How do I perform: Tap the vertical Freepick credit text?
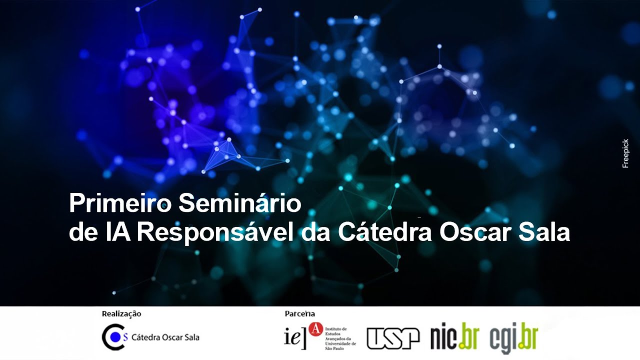tap(625, 153)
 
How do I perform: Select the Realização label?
tap(121, 314)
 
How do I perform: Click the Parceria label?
tap(300, 314)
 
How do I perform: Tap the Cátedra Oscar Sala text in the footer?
tap(165, 337)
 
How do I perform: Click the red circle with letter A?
tap(316, 328)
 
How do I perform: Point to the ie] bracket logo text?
tap(295, 336)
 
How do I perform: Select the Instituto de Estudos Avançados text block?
tap(340, 337)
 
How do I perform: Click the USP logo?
tap(393, 338)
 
